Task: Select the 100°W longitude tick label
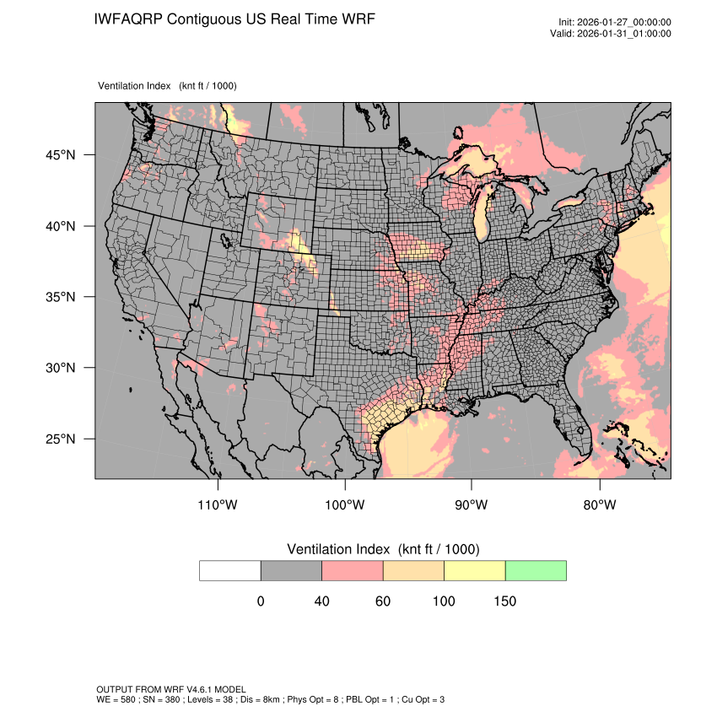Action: point(345,505)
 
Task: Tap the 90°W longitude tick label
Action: point(472,505)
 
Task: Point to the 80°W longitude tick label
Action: point(600,505)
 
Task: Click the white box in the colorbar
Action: point(230,570)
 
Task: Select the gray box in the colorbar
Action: point(291,570)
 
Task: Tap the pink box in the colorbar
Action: point(353,570)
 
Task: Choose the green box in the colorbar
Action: point(536,570)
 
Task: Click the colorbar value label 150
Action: point(504,601)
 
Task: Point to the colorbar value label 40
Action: point(321,601)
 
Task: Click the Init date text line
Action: point(615,22)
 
